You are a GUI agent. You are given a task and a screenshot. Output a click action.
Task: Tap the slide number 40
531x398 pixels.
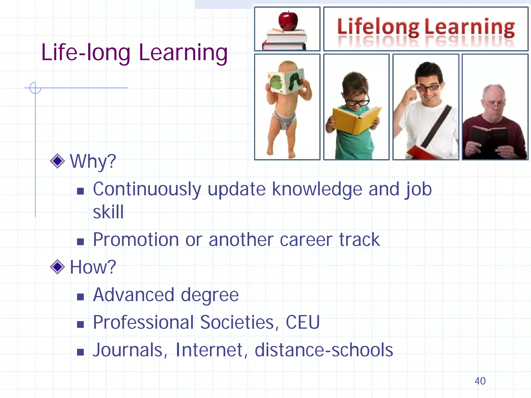[x=480, y=381]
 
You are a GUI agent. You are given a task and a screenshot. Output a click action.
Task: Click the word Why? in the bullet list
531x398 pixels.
[x=93, y=161]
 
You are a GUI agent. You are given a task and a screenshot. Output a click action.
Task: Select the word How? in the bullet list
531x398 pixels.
[x=93, y=267]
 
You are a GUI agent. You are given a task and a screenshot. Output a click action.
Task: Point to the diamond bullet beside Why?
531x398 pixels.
[x=57, y=161]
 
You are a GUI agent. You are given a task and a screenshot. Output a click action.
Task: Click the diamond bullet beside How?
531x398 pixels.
[x=57, y=267]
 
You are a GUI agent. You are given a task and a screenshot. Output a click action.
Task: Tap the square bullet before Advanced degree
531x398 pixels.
[x=80, y=297]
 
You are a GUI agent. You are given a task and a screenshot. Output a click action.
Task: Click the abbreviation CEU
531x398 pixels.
[x=303, y=322]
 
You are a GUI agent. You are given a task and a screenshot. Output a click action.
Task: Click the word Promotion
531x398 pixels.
[x=136, y=239]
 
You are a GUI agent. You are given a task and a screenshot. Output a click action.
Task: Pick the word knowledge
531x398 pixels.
[x=317, y=189]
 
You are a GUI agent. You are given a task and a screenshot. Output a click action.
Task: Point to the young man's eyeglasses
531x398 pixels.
[x=428, y=88]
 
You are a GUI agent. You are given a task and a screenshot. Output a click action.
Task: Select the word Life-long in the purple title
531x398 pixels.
[x=86, y=53]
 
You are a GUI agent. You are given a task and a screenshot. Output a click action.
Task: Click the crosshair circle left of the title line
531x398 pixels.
[x=35, y=88]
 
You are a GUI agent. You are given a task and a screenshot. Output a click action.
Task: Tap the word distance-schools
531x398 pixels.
[x=324, y=350]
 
